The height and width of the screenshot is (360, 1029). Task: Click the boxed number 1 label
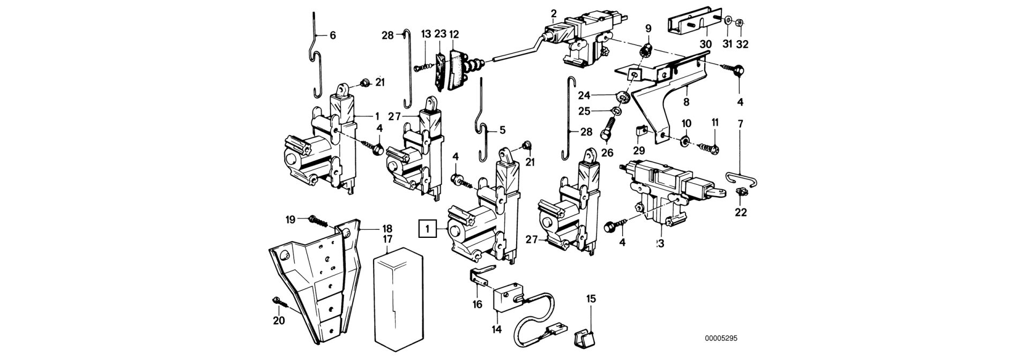tap(427, 230)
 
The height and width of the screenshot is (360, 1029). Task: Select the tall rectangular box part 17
tap(396, 303)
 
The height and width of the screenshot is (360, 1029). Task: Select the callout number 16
tap(477, 304)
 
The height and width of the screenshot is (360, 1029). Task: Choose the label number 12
tap(454, 34)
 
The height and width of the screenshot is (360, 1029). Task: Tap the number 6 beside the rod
tap(332, 36)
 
